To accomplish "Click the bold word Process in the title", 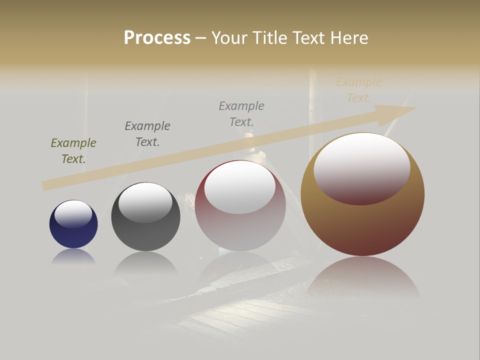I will click(x=157, y=38).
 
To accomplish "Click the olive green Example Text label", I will click(x=73, y=151).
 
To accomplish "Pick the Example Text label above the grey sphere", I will click(x=147, y=134).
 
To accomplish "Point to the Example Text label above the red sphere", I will click(x=241, y=113).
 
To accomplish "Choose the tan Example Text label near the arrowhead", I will click(x=359, y=90).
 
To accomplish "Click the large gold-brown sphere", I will click(x=362, y=225).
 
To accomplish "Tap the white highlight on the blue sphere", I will click(x=73, y=213).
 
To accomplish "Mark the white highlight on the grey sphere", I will click(x=145, y=201).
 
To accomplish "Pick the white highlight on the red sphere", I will click(x=240, y=186).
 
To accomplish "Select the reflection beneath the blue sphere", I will click(x=73, y=257).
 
